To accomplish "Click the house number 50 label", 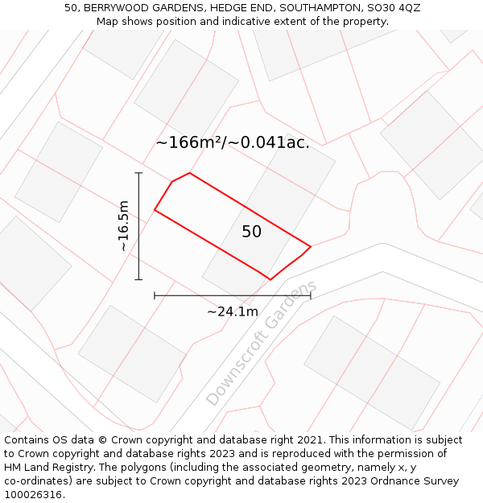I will (251, 232).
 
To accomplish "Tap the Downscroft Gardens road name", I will (262, 344).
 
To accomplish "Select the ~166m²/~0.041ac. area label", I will (233, 143).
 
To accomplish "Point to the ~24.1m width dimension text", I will (233, 311).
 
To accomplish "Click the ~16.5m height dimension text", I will (123, 226).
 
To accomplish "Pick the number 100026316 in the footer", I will (33, 495).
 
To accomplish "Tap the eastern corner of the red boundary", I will (311, 246).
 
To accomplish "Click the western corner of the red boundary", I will (155, 211).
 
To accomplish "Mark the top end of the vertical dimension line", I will (138, 173).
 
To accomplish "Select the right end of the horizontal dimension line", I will (311, 296).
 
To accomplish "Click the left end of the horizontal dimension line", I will (155, 296).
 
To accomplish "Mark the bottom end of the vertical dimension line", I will (138, 279).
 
